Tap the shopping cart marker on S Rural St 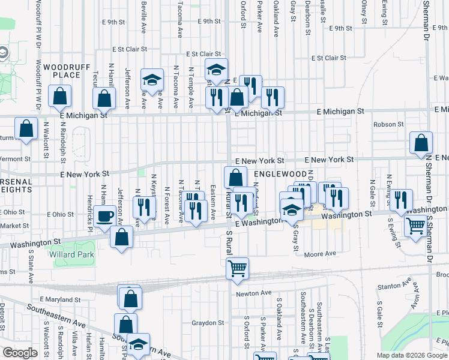pyautogui.click(x=238, y=268)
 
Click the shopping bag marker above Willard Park pyautogui.click(x=121, y=236)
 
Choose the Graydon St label pyautogui.click(x=208, y=322)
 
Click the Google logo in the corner pyautogui.click(x=20, y=353)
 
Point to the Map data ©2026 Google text pyautogui.click(x=412, y=355)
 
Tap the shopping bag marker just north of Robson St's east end pyautogui.click(x=421, y=143)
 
